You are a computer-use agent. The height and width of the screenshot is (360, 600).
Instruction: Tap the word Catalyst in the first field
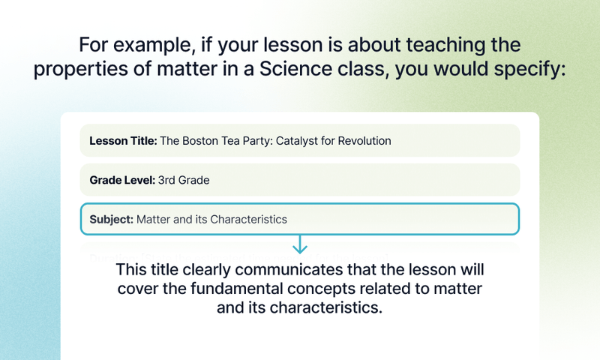pos(295,140)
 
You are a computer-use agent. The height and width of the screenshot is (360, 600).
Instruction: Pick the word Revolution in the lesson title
pos(363,140)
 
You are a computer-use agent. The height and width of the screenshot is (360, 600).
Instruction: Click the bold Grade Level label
pos(122,180)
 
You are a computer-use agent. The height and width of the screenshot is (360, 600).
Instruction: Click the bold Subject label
pos(111,220)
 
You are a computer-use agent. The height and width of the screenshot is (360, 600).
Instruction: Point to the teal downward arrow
pos(300,244)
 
